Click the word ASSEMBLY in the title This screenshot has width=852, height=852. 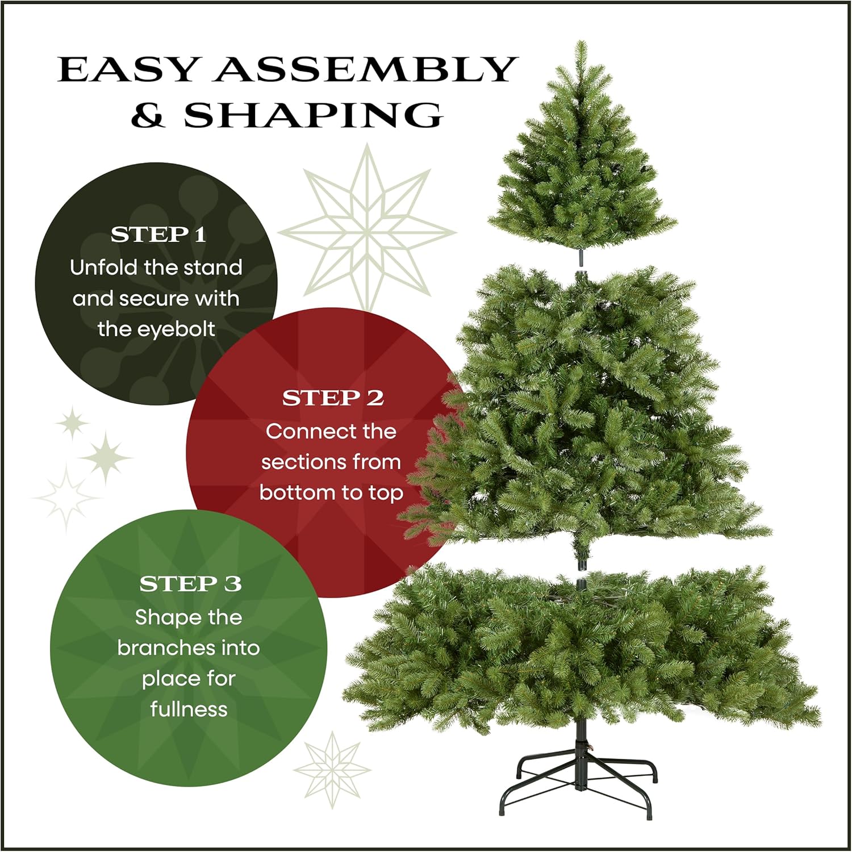(365, 70)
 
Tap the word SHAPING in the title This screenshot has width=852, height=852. (313, 115)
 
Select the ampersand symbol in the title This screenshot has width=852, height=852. (148, 115)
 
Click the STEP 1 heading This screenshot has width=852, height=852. (158, 235)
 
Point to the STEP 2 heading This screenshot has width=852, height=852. (333, 398)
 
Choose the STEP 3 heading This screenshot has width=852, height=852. (190, 584)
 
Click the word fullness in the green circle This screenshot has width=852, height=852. (189, 709)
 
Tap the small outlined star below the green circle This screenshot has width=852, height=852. (332, 770)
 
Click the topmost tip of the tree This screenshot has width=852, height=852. (580, 43)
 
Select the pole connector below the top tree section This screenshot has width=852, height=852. (581, 257)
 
